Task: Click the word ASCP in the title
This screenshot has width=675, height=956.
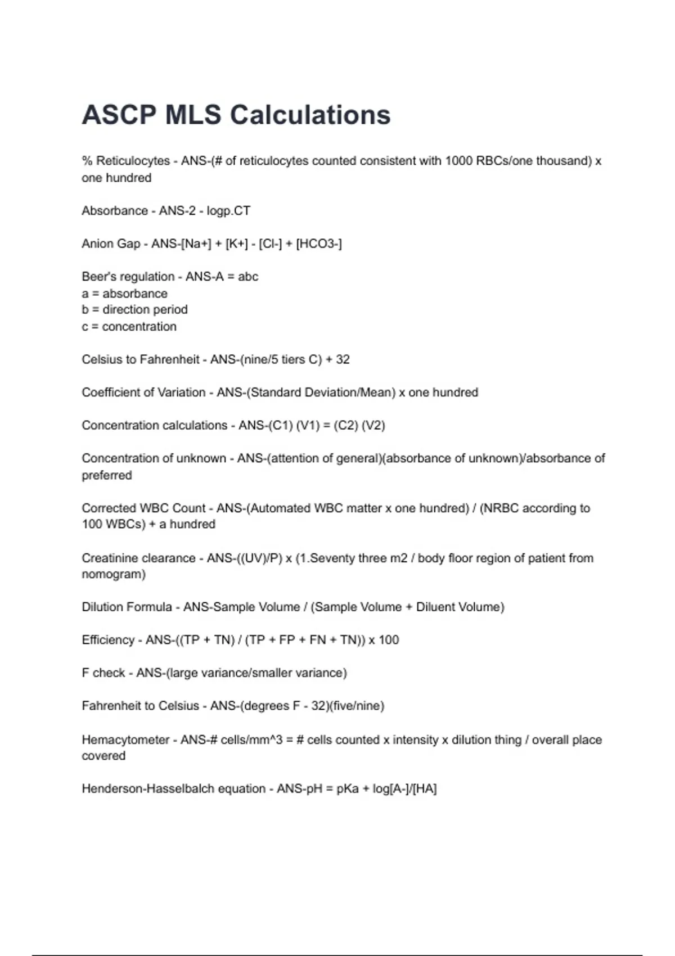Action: pos(118,115)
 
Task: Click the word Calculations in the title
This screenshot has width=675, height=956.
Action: pos(310,115)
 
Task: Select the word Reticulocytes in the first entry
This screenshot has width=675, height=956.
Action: pos(133,161)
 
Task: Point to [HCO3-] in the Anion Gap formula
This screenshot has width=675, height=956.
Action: pos(319,243)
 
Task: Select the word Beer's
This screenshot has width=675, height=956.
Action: pos(96,277)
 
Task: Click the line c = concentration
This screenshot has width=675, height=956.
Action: pos(129,327)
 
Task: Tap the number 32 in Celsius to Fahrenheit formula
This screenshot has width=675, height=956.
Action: pos(343,359)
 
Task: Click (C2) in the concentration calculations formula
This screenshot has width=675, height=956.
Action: pos(346,425)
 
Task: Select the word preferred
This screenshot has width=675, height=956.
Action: pos(107,475)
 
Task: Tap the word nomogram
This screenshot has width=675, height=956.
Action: pos(112,574)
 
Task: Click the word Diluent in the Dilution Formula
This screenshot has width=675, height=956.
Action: pos(435,607)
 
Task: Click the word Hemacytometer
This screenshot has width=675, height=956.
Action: pos(125,739)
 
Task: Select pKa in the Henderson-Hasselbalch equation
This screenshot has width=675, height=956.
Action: pos(347,789)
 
